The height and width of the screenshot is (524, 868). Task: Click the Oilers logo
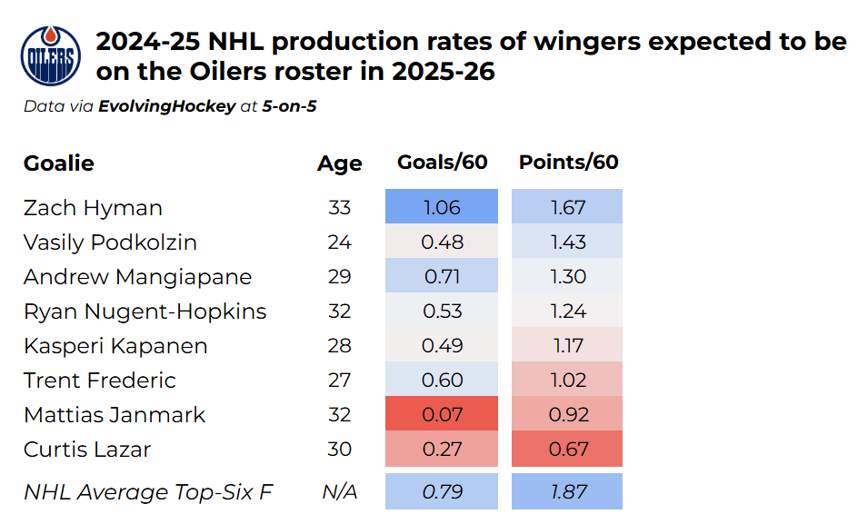click(50, 56)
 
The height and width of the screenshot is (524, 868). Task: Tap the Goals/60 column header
click(442, 163)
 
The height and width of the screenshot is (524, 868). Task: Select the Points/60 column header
click(568, 163)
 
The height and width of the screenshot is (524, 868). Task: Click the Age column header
click(339, 163)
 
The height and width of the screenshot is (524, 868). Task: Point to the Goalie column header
click(59, 163)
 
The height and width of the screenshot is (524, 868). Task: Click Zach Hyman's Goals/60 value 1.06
click(442, 207)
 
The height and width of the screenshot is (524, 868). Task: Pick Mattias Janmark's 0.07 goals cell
click(442, 414)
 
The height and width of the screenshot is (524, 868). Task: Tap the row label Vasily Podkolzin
click(110, 242)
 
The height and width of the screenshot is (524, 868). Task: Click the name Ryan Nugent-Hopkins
click(145, 311)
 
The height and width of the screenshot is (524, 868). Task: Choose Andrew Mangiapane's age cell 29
click(339, 277)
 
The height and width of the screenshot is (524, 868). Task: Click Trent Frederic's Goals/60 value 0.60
click(442, 380)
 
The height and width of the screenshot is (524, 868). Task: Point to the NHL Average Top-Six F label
click(148, 492)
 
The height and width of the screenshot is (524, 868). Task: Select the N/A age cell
click(339, 492)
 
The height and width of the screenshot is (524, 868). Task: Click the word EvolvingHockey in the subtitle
click(166, 106)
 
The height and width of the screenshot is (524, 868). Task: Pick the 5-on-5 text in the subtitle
click(289, 105)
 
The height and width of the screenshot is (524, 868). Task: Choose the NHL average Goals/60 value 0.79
click(442, 491)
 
